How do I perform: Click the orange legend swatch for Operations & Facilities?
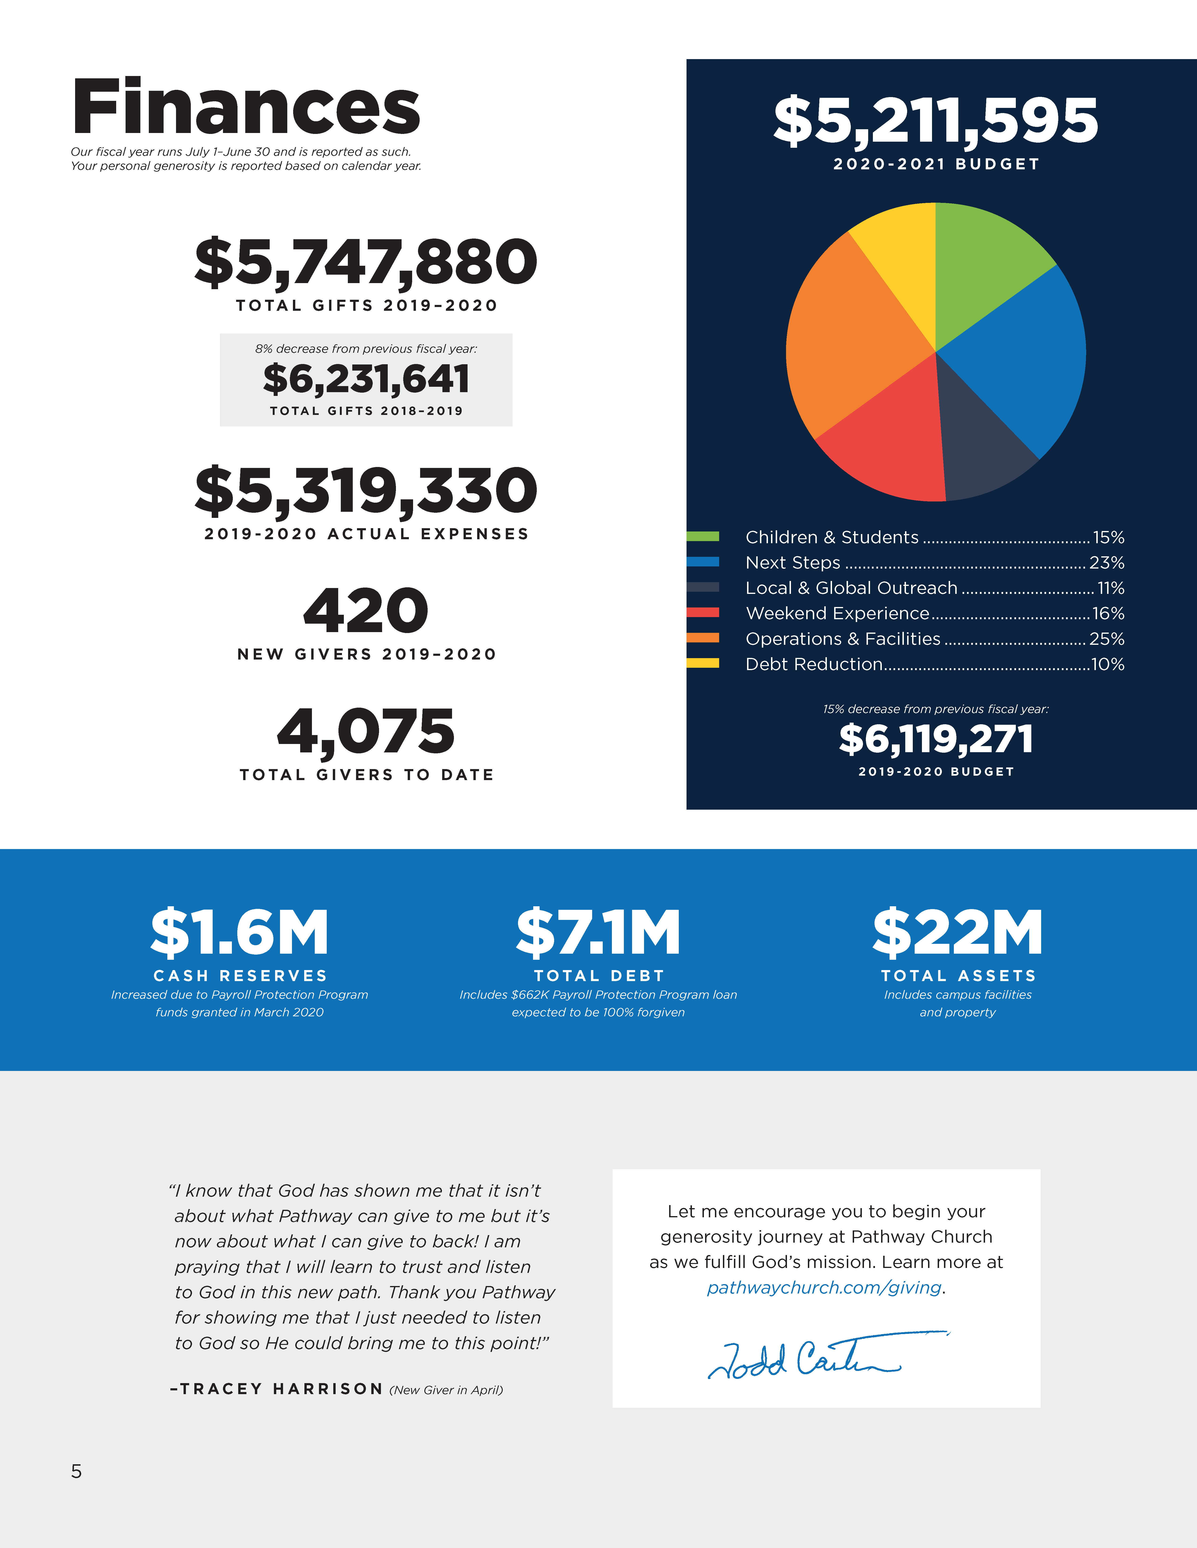click(x=703, y=638)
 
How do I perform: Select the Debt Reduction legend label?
click(x=814, y=664)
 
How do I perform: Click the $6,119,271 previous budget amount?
click(x=936, y=739)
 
